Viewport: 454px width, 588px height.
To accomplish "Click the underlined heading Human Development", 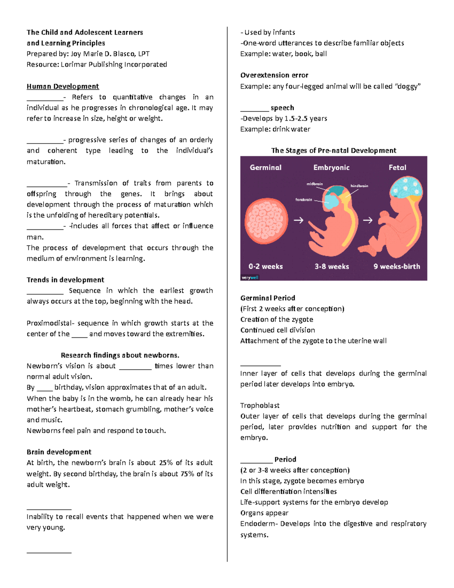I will (x=62, y=86).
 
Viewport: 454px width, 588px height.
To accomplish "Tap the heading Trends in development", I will (x=65, y=280).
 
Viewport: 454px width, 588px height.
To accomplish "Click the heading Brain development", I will (x=59, y=452).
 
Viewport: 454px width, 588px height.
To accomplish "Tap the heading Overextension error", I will (x=274, y=75).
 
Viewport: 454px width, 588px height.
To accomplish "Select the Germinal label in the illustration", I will (x=266, y=167).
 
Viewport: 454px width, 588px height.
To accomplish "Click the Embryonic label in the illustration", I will (x=331, y=167).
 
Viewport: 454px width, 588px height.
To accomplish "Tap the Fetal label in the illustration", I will (x=397, y=167).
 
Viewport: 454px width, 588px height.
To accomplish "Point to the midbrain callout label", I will (x=314, y=184).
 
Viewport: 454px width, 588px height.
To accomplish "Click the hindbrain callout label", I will (x=359, y=186).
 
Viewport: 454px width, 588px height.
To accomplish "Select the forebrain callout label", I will (x=304, y=200).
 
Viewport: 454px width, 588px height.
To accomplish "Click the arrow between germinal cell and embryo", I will (x=299, y=220).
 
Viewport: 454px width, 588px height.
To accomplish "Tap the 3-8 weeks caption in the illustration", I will (x=331, y=266).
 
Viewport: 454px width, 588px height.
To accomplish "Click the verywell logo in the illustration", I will (x=250, y=278).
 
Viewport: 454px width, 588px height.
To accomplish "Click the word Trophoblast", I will (x=260, y=406).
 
